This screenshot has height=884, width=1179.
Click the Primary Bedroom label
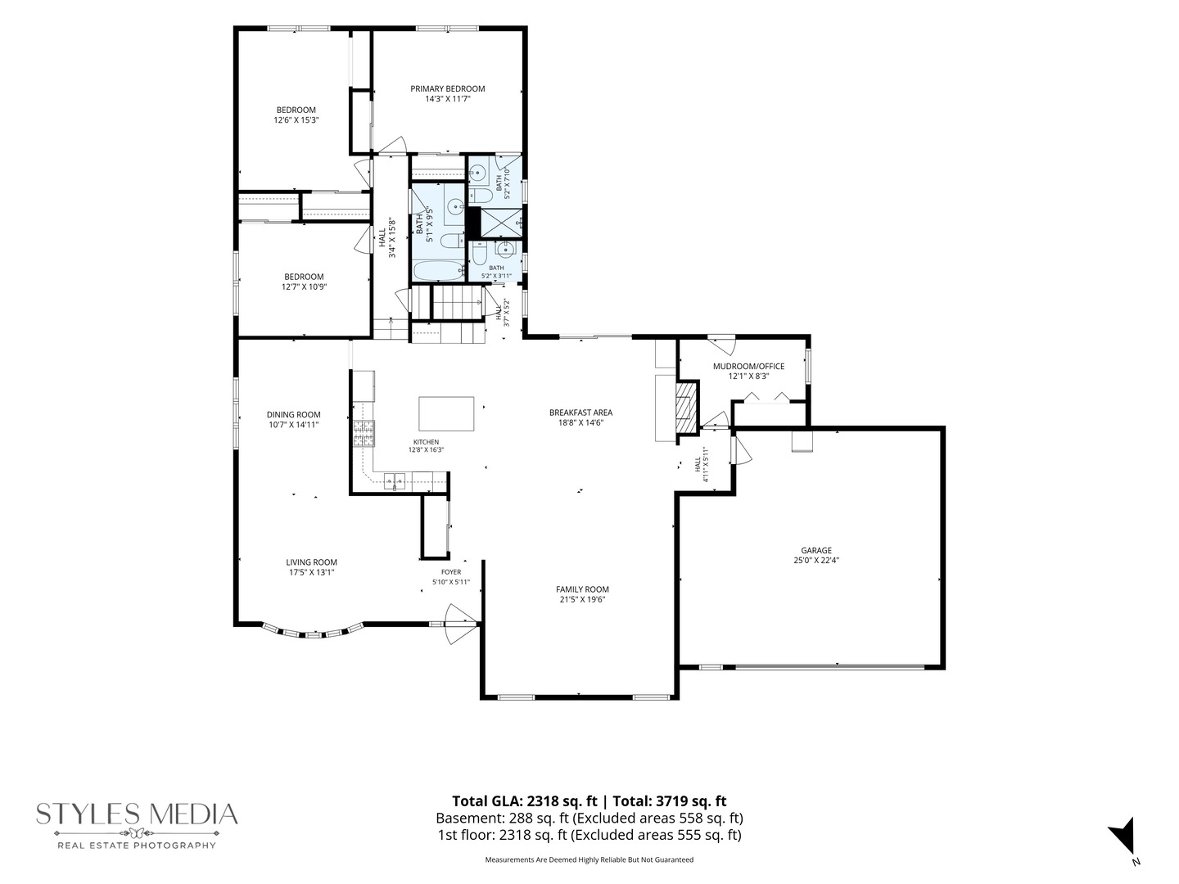point(447,88)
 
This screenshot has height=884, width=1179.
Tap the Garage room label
point(816,550)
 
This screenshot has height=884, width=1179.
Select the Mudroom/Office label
point(748,366)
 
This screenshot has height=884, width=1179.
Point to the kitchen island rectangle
point(446,414)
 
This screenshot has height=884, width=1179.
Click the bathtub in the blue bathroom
point(438,270)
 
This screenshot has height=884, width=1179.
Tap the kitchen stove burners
point(364,434)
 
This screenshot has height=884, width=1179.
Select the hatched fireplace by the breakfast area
point(684,408)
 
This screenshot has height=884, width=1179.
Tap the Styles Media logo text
point(137,814)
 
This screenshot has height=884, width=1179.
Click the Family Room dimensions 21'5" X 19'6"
point(582,599)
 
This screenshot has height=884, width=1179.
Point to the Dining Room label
point(294,414)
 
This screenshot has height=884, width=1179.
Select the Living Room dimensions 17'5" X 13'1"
point(312,572)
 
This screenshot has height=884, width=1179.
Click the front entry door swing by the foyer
point(459,624)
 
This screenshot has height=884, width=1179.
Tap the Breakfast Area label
point(580,413)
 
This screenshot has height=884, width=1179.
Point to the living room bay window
point(313,631)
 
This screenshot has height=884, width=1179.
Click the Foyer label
point(451,572)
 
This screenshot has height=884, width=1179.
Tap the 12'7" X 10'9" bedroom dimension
point(304,286)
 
